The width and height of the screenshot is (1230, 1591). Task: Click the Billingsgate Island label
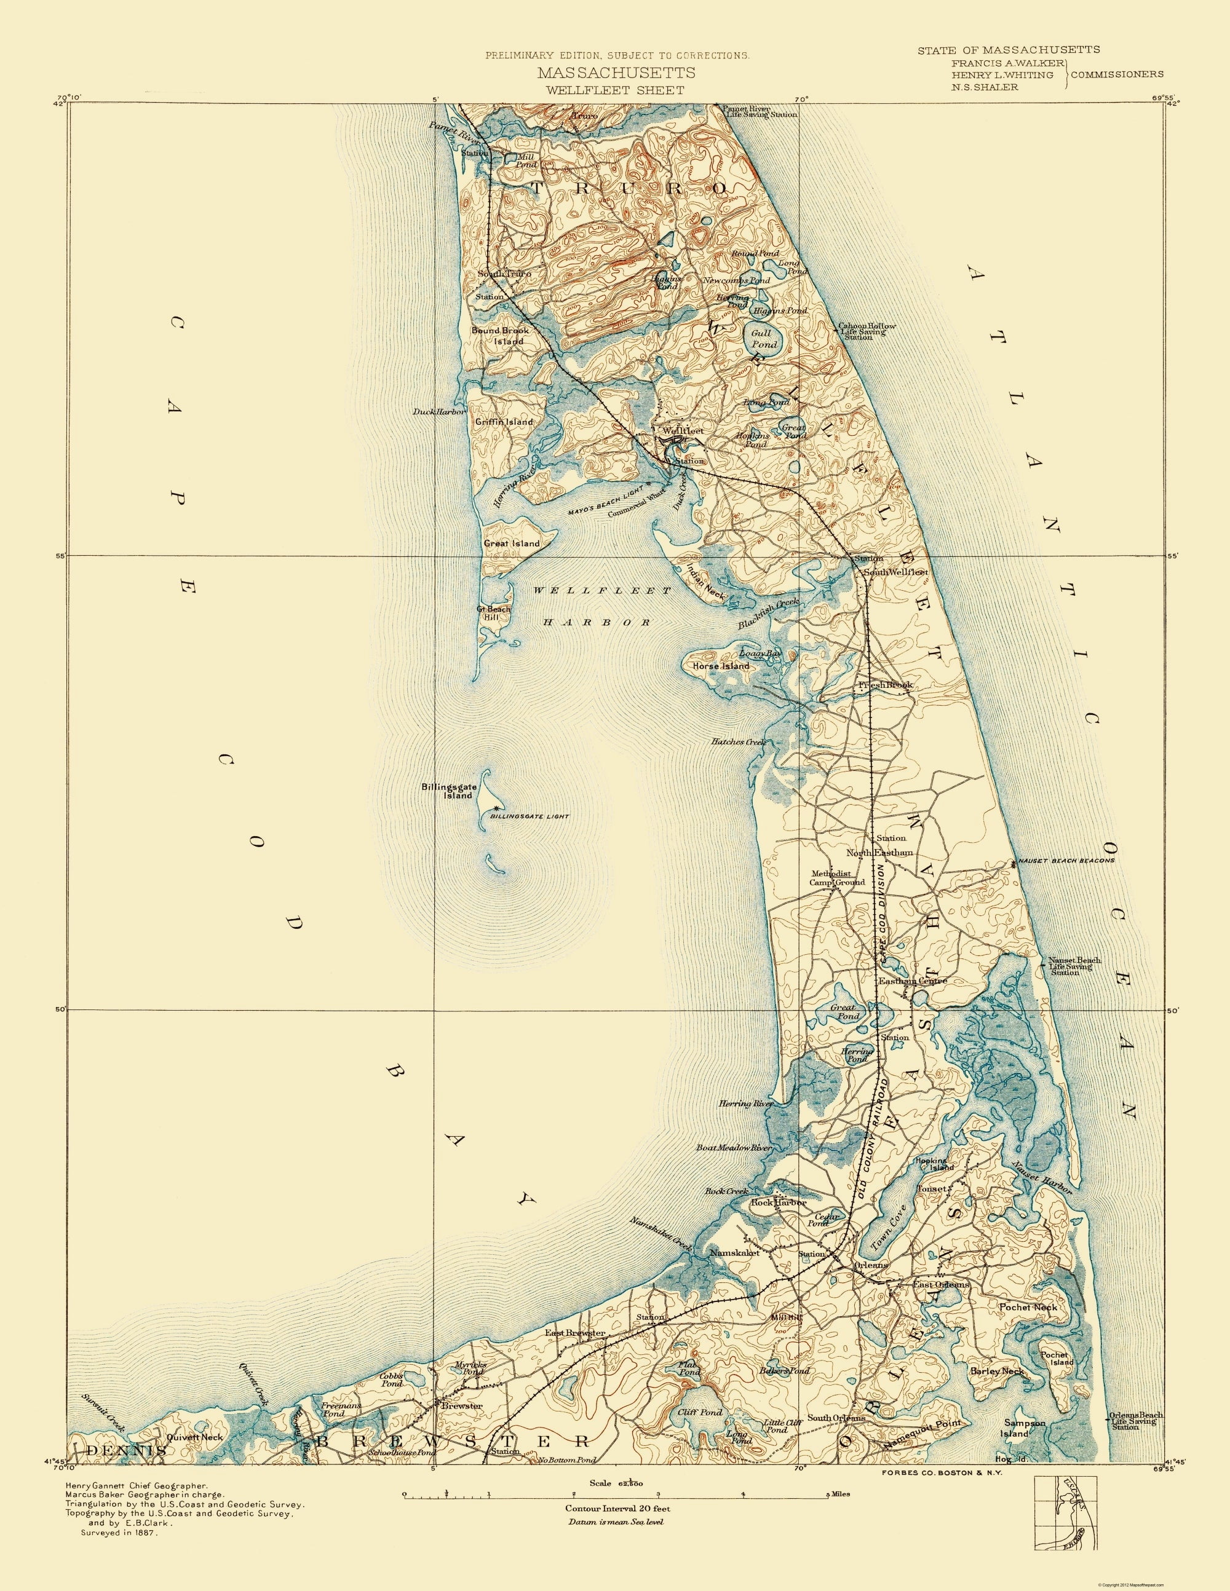[446, 791]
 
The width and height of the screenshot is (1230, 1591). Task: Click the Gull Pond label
[760, 338]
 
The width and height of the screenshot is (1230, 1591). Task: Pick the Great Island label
[512, 543]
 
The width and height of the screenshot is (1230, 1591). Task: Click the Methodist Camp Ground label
[836, 877]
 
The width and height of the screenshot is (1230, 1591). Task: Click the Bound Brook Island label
[510, 335]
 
